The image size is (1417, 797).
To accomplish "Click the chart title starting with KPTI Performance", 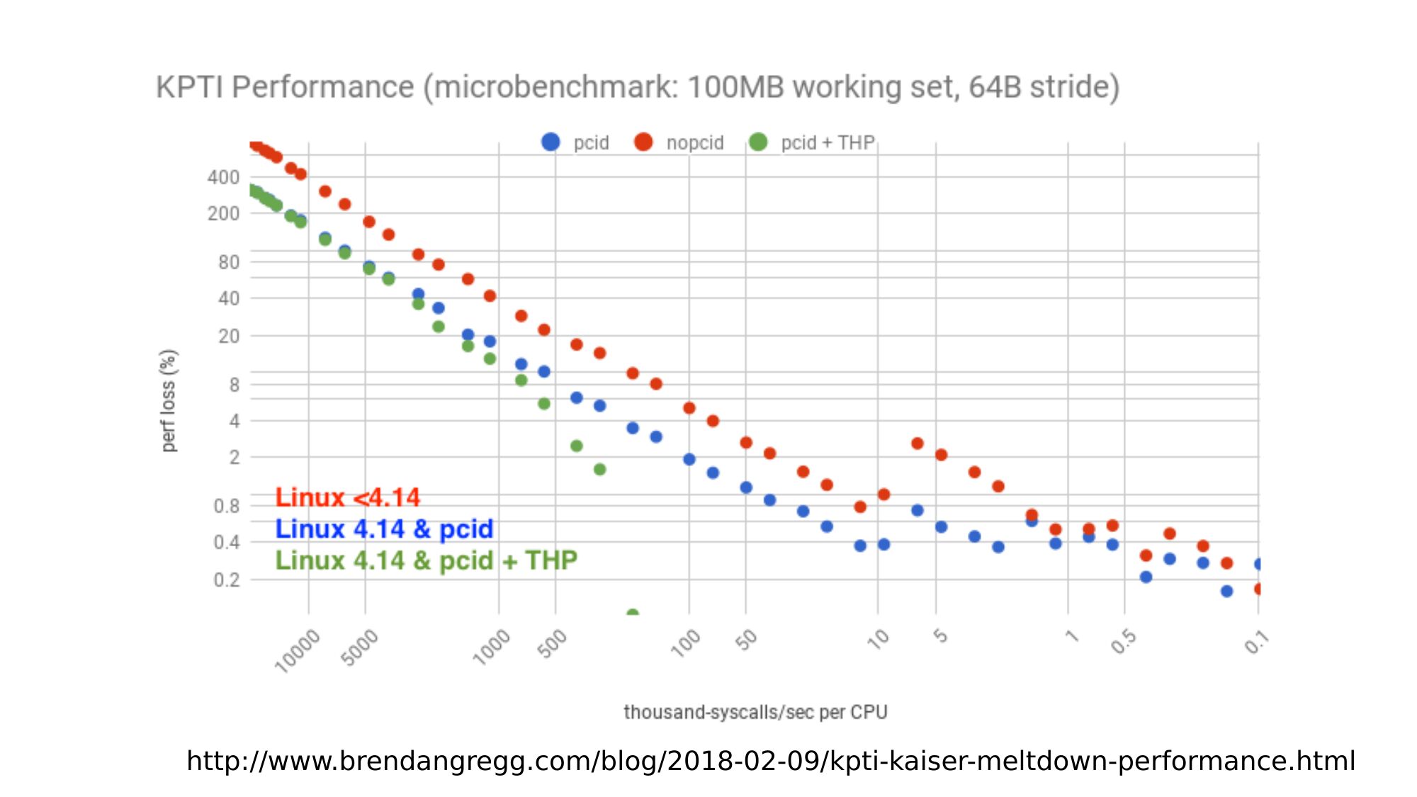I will tap(638, 87).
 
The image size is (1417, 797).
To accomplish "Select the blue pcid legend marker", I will tap(551, 142).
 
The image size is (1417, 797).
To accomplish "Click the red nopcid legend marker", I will tap(643, 142).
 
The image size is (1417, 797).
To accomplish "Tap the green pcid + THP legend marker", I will tap(758, 142).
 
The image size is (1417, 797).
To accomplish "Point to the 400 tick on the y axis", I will tap(223, 177).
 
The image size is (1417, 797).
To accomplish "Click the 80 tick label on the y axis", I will tap(228, 262).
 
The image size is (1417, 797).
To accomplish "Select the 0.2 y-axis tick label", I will tap(226, 580).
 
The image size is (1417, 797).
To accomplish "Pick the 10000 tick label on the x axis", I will tap(297, 650).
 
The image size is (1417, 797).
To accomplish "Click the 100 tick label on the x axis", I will tap(685, 643).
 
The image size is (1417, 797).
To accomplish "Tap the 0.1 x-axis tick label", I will tap(1256, 642).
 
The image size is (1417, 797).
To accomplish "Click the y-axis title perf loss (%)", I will tap(168, 400).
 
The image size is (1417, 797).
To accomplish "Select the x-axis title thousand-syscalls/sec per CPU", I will tap(755, 712).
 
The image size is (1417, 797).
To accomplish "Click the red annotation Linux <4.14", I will tap(347, 497).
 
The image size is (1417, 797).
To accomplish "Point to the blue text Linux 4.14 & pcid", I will tap(384, 529).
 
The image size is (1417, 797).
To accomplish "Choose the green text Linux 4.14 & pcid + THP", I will tap(426, 560).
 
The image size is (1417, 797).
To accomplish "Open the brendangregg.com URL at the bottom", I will tap(771, 761).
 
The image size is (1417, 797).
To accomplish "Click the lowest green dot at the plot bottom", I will tap(633, 613).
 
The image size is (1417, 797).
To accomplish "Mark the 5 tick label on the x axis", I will tap(940, 635).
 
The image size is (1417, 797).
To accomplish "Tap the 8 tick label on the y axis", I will tap(234, 385).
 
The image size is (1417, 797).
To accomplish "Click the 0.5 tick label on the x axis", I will tap(1123, 641).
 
